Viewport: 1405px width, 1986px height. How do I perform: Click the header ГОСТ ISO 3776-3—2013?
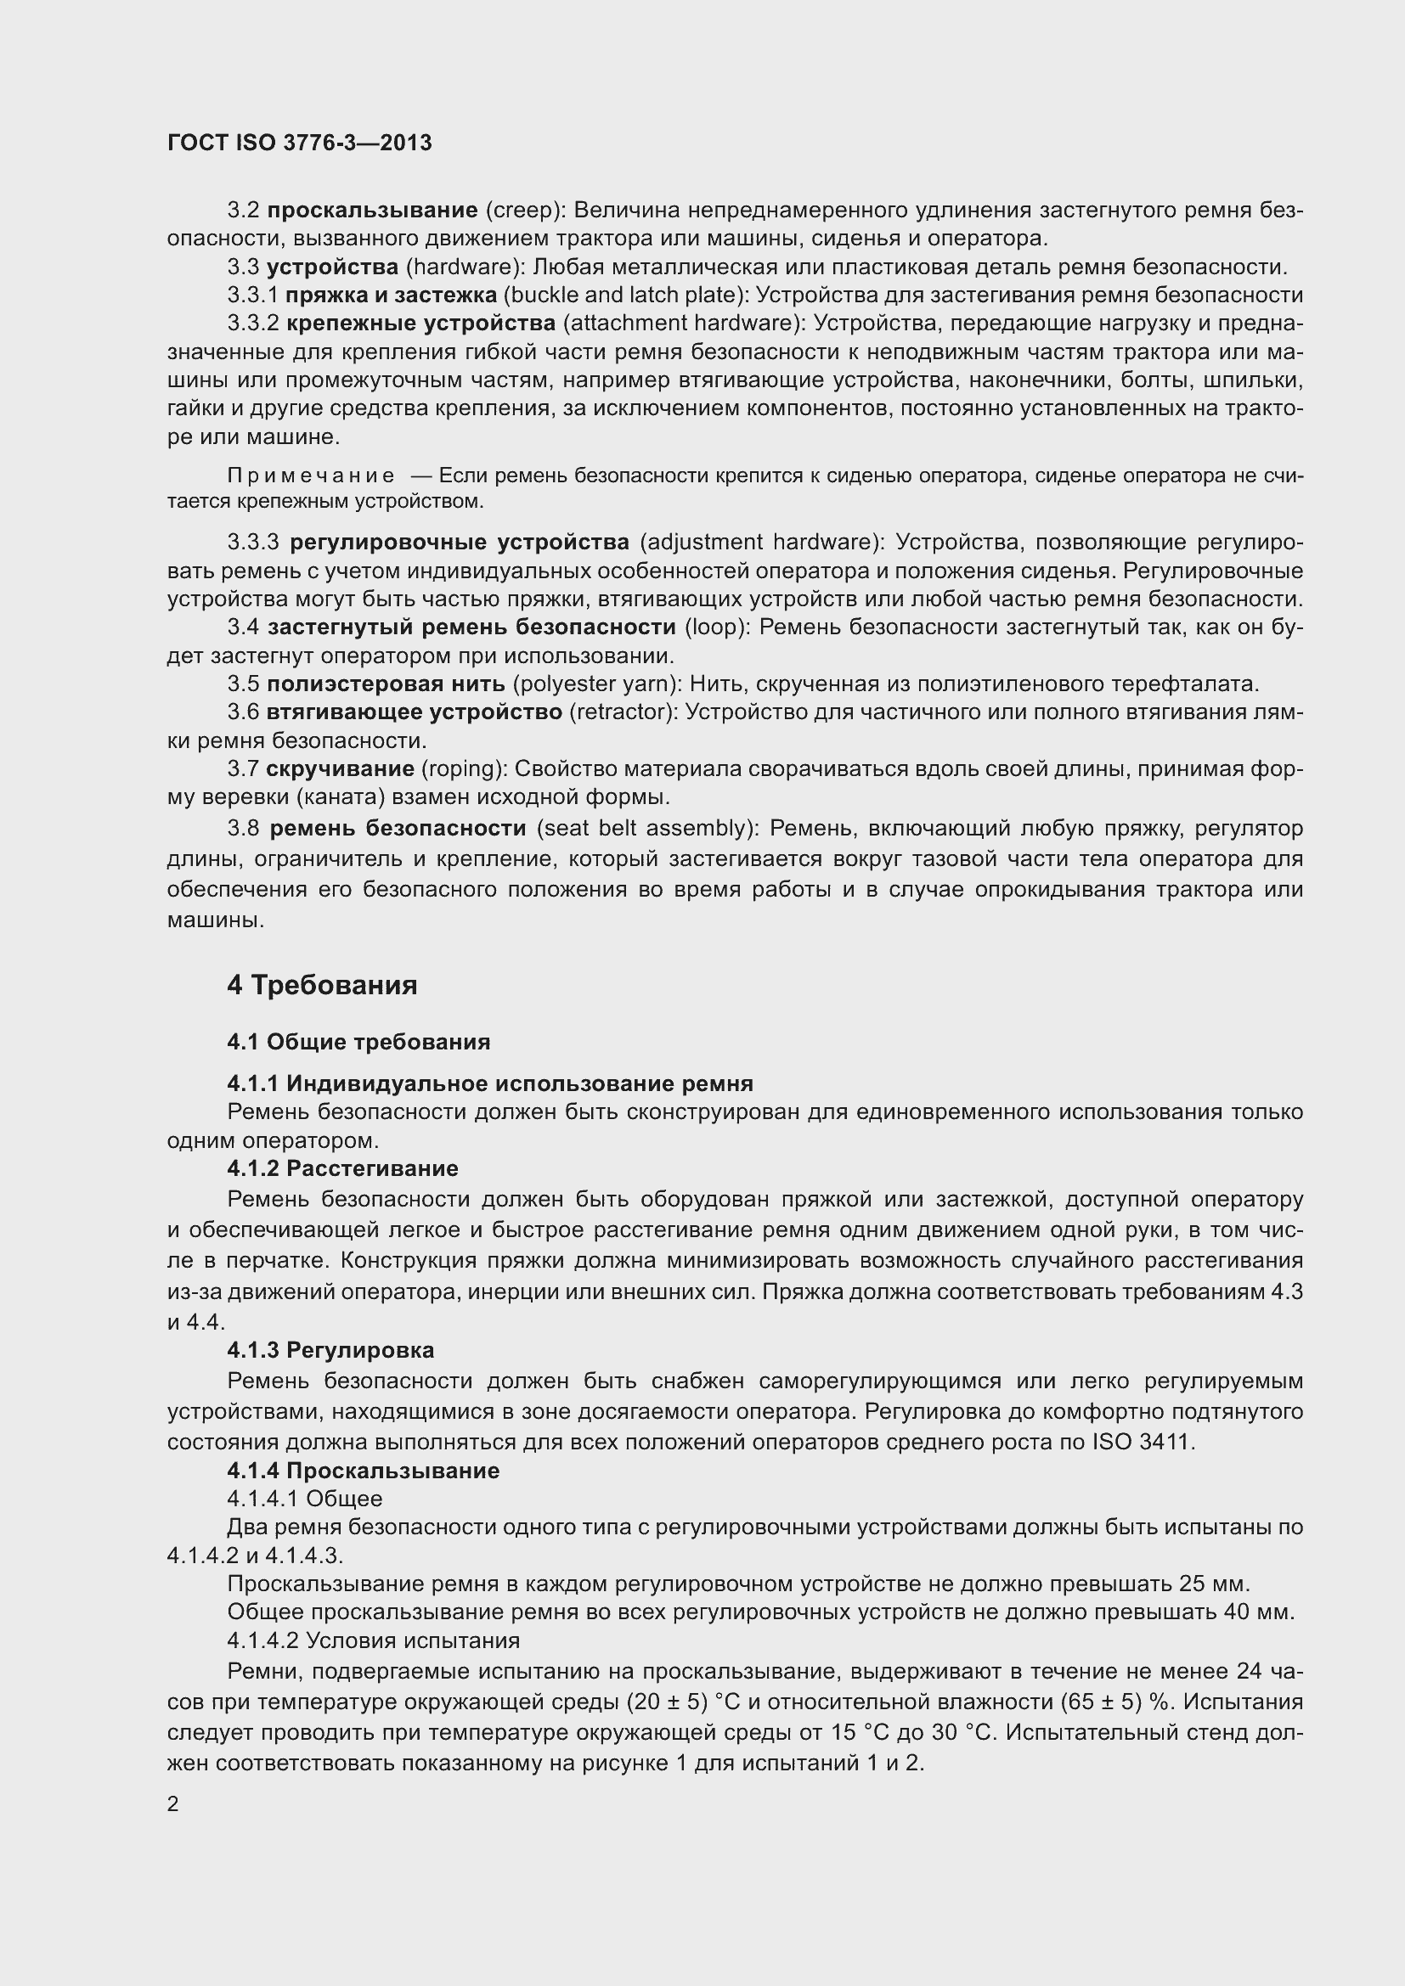299,143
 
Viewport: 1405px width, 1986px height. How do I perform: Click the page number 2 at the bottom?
173,1803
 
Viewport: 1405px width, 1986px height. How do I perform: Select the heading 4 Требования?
322,984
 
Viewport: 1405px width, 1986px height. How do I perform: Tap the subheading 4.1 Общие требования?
358,1042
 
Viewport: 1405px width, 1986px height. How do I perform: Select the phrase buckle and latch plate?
623,295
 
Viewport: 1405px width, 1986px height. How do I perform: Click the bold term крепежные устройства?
420,323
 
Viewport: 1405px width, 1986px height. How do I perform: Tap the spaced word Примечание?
311,475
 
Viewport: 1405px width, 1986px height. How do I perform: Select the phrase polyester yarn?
598,684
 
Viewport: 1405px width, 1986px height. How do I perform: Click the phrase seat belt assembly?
647,828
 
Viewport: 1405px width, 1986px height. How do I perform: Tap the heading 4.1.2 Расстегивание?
342,1168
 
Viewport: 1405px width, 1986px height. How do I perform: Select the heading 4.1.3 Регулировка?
330,1350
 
